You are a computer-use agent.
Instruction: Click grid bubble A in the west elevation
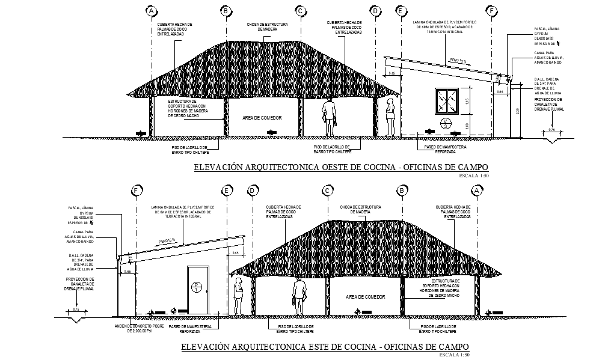(152, 11)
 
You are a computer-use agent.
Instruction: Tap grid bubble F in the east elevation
(137, 191)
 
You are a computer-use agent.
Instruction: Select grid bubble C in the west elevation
(300, 11)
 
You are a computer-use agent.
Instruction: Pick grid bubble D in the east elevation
(253, 191)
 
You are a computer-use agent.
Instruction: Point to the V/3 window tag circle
(446, 124)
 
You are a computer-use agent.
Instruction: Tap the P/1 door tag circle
(196, 287)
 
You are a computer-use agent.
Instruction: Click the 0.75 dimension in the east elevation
(76, 309)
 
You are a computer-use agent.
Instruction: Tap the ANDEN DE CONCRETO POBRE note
(140, 329)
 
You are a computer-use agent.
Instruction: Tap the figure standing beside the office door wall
(238, 294)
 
